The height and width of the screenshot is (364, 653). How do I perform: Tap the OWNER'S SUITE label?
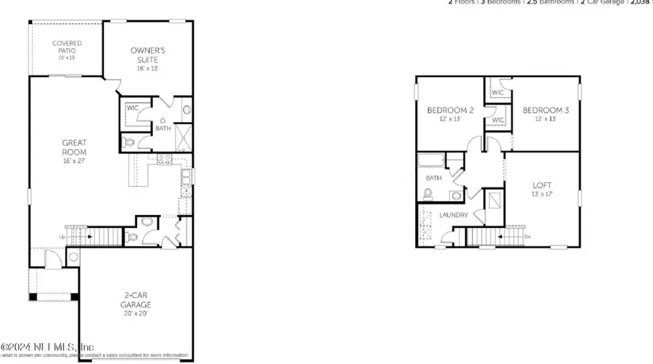tap(147, 54)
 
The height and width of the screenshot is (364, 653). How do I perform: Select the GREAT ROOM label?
tap(74, 148)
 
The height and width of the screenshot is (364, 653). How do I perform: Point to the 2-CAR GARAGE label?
tap(136, 299)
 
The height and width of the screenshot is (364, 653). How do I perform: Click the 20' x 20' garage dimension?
tap(136, 313)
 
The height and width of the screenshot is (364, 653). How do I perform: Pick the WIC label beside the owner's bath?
tap(132, 108)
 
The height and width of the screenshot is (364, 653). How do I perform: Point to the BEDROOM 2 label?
tap(450, 110)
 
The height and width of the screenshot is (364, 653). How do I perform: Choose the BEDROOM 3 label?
tap(546, 110)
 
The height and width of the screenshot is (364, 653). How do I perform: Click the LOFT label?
tap(542, 186)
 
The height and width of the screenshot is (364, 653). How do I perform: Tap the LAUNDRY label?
tap(453, 215)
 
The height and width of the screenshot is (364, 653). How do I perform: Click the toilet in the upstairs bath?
tap(427, 194)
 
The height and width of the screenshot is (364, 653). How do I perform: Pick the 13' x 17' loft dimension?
tap(542, 195)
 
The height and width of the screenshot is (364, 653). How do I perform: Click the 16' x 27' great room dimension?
tap(74, 161)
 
